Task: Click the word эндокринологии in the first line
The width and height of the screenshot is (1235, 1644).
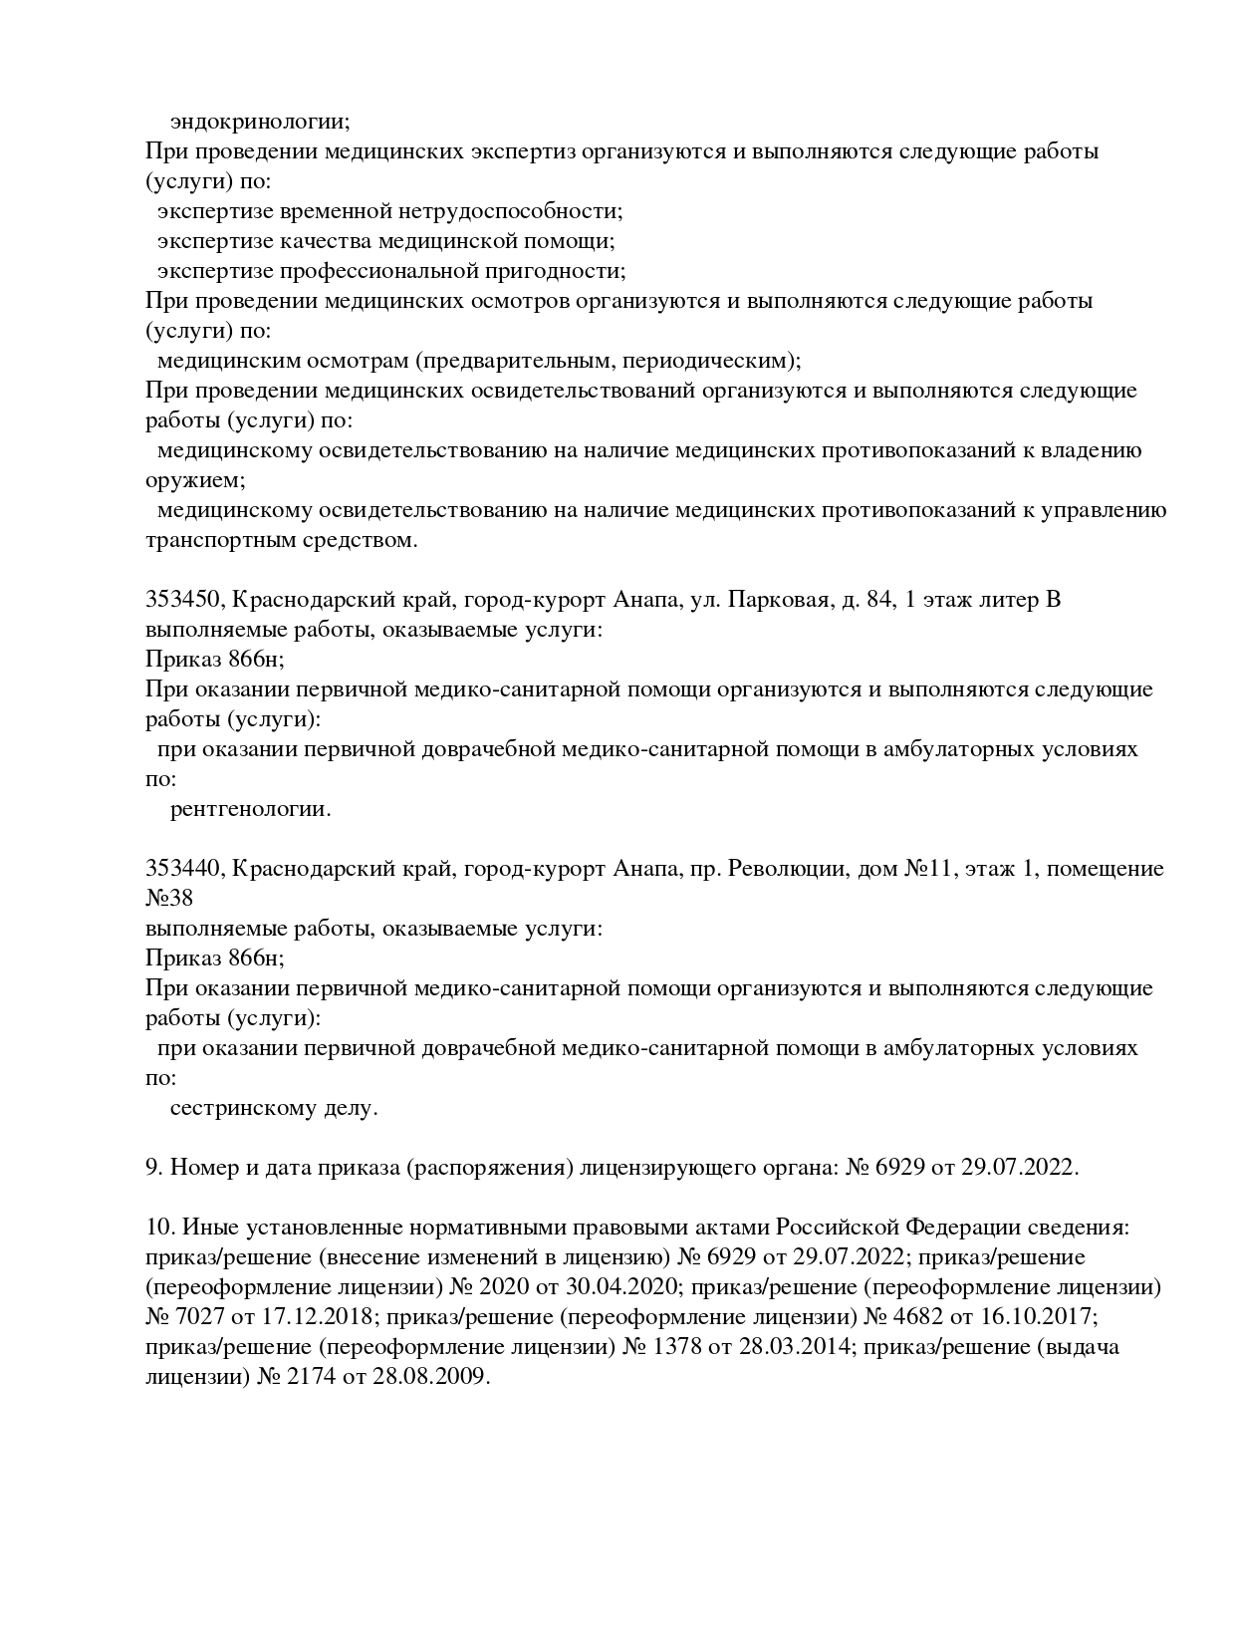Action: pos(260,122)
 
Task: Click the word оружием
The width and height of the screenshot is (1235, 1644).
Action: pos(194,480)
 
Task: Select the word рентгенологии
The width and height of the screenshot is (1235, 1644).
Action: pos(250,809)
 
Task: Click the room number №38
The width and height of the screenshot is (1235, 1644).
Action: pos(169,899)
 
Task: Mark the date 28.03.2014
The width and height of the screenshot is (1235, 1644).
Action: pos(795,1347)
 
